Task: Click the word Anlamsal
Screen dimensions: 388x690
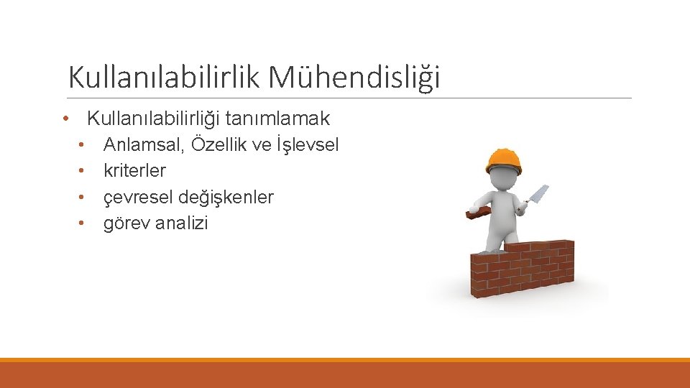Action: pos(142,145)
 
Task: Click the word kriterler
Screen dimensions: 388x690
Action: pos(134,171)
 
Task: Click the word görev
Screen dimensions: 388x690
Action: pos(125,223)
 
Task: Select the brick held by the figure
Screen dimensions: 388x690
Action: pos(477,213)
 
